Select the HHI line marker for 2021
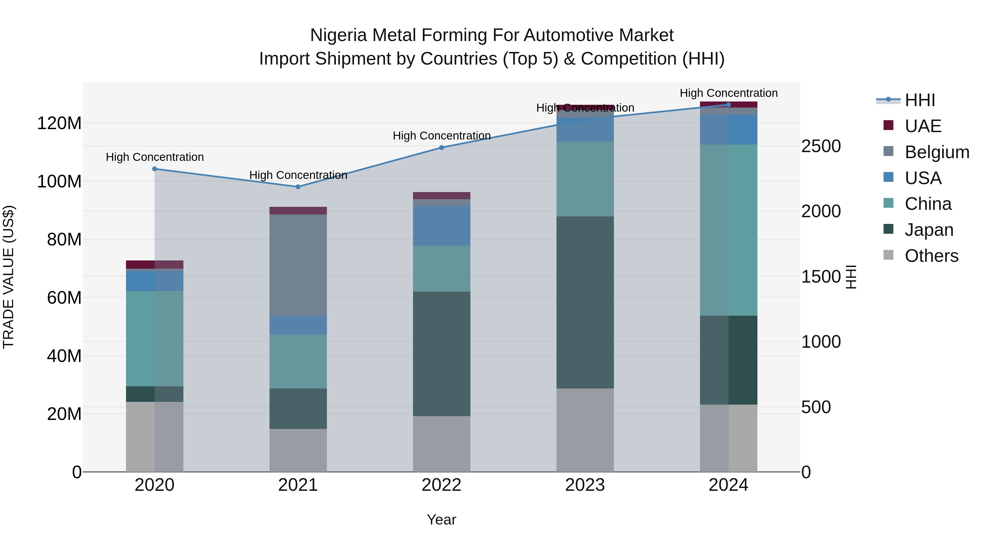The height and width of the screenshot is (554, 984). pos(298,187)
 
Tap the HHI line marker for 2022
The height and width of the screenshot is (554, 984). pos(442,147)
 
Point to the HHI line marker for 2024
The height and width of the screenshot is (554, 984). pos(728,105)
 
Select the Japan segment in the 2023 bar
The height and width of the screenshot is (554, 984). pos(585,302)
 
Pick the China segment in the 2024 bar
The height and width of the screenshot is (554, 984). pos(728,230)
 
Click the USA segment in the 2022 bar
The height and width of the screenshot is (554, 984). pos(442,226)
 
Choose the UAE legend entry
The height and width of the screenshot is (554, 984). pos(922,126)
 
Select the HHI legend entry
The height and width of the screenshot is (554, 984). pos(919,100)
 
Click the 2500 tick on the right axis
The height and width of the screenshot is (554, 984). pos(821,146)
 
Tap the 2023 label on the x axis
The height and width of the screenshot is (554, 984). pos(585,485)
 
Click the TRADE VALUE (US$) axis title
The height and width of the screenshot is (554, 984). pos(8,277)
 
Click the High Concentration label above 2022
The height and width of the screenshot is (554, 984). pos(442,136)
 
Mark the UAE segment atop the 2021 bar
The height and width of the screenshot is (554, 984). pos(298,211)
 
